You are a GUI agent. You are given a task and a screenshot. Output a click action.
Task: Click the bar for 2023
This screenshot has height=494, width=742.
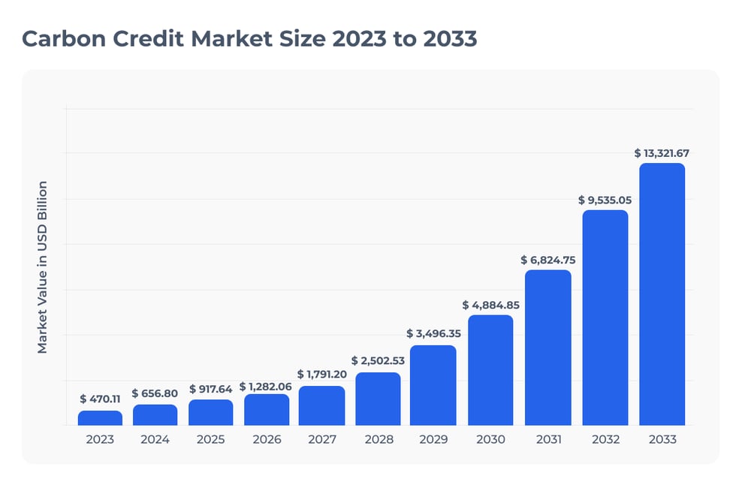(x=100, y=418)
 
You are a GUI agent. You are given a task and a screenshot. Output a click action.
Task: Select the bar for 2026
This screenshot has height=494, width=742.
(x=267, y=410)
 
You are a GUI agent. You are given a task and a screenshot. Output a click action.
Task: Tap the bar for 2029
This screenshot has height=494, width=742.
(x=433, y=385)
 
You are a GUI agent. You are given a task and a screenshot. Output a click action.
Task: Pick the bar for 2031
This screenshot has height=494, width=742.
(x=547, y=348)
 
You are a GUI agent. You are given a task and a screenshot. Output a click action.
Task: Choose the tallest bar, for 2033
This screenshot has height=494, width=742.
(x=662, y=294)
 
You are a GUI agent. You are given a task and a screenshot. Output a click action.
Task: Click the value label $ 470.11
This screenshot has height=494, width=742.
(x=100, y=399)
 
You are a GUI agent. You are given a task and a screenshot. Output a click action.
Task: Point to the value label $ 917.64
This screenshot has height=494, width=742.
(x=211, y=389)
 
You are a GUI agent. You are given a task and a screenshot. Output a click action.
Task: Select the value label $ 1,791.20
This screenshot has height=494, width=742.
(x=322, y=374)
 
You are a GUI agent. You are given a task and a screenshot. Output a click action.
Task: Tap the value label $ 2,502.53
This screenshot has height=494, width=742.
(x=378, y=360)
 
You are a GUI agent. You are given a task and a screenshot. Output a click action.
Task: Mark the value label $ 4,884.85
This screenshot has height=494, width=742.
(x=490, y=305)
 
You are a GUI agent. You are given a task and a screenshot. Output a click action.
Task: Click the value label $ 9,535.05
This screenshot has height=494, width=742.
(x=605, y=200)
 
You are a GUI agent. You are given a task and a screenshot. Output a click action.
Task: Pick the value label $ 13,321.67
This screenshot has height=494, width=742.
(x=662, y=153)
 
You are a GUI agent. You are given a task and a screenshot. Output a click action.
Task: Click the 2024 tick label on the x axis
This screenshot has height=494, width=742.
(x=155, y=439)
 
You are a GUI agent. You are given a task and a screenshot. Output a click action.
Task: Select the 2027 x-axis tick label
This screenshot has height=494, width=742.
(x=322, y=439)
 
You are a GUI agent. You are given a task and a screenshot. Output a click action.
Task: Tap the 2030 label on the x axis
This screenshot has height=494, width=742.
(x=490, y=439)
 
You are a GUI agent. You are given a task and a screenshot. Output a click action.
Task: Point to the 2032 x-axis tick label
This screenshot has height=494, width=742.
(x=605, y=439)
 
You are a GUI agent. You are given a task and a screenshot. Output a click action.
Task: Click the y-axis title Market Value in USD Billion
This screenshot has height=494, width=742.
(x=43, y=267)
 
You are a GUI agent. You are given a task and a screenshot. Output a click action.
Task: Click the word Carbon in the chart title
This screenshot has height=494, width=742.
(x=65, y=39)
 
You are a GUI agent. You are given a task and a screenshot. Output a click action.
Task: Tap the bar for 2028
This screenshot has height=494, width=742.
(x=378, y=399)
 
